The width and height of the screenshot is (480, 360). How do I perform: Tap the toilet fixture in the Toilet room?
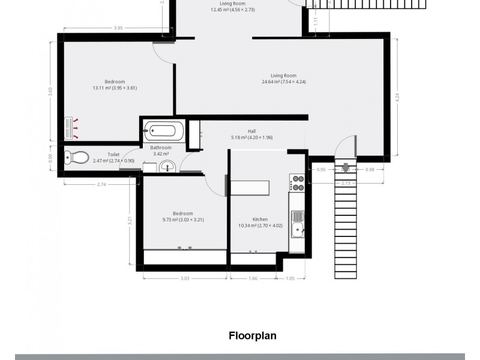74,157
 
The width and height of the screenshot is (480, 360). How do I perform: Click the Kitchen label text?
260,219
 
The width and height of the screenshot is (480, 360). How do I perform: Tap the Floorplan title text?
252,335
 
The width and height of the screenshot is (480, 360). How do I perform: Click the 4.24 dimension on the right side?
397,98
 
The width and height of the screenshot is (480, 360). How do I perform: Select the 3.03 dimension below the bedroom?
185,278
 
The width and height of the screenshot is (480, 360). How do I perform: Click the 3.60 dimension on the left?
50,92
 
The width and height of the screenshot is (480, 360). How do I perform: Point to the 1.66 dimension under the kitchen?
253,278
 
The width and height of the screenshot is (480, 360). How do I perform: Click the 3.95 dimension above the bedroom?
118,28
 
